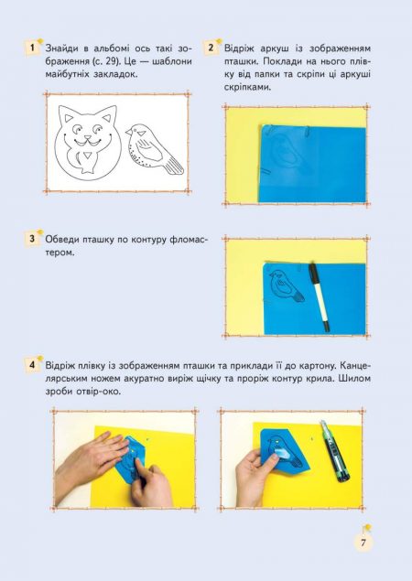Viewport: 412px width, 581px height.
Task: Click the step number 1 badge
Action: [32, 48]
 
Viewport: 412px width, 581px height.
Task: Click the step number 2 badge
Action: [211, 48]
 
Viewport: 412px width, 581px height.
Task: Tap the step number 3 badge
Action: [32, 239]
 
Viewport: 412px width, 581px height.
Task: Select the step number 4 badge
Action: [32, 365]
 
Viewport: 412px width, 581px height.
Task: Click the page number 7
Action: [363, 543]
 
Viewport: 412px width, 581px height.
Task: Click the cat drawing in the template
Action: [88, 143]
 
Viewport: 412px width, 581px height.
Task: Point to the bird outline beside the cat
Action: [154, 149]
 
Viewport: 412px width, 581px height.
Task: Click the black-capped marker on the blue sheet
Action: [319, 296]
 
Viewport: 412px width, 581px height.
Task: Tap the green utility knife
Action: [334, 451]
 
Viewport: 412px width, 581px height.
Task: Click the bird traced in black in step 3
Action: [286, 285]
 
